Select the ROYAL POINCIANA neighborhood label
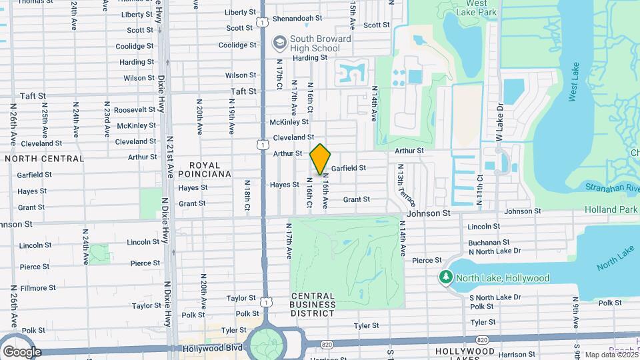coord(210,169)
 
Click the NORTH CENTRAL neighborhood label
coord(45,159)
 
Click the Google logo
coord(22,351)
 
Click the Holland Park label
coord(611,209)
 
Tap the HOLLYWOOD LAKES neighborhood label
coord(466,351)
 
